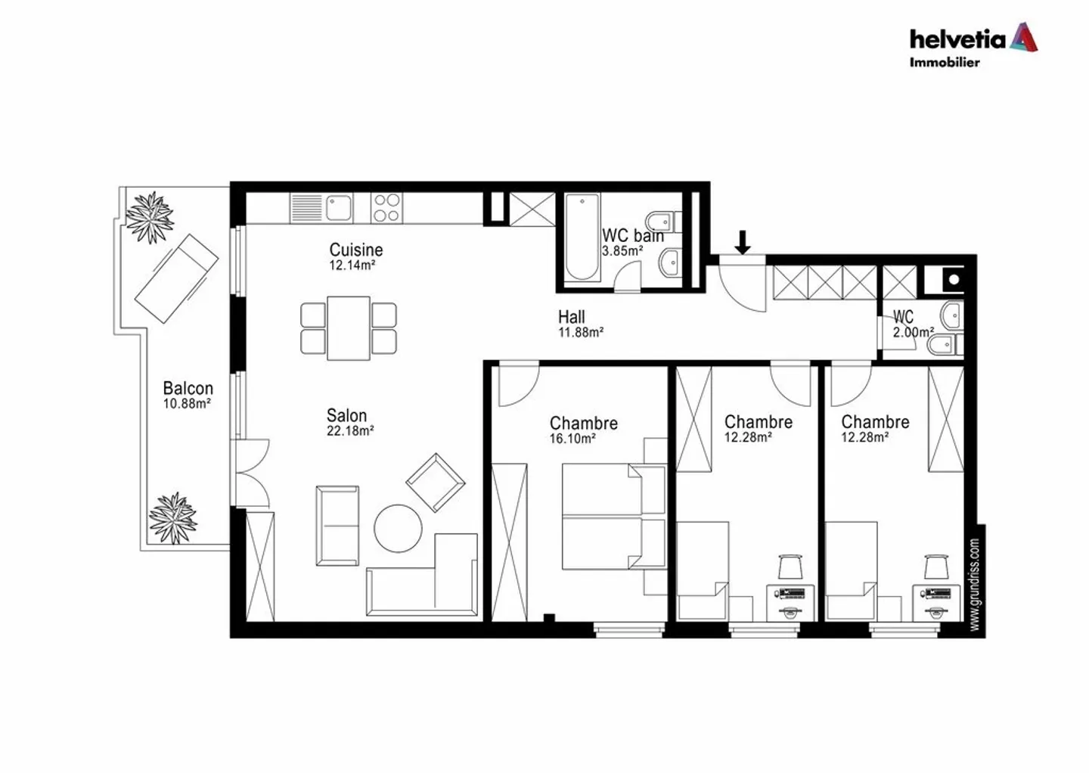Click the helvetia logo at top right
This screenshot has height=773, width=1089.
(x=973, y=38)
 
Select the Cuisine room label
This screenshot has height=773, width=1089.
(x=355, y=250)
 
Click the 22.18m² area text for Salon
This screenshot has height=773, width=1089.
(x=350, y=431)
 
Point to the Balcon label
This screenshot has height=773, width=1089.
(x=188, y=388)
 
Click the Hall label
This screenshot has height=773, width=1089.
(x=572, y=317)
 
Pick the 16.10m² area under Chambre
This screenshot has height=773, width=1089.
(x=572, y=439)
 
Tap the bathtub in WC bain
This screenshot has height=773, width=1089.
(x=582, y=237)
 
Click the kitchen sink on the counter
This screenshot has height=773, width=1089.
(x=338, y=206)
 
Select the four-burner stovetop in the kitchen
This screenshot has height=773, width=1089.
(x=386, y=207)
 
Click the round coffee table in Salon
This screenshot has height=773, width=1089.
(x=399, y=528)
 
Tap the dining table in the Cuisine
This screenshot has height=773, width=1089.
(x=349, y=328)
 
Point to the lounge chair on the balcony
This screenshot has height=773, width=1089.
(x=176, y=278)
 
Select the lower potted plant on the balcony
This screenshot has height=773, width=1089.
(x=173, y=518)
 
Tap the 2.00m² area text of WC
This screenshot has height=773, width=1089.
(x=913, y=332)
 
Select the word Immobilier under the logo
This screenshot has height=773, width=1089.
(x=944, y=63)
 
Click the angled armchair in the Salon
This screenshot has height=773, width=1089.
(x=435, y=482)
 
